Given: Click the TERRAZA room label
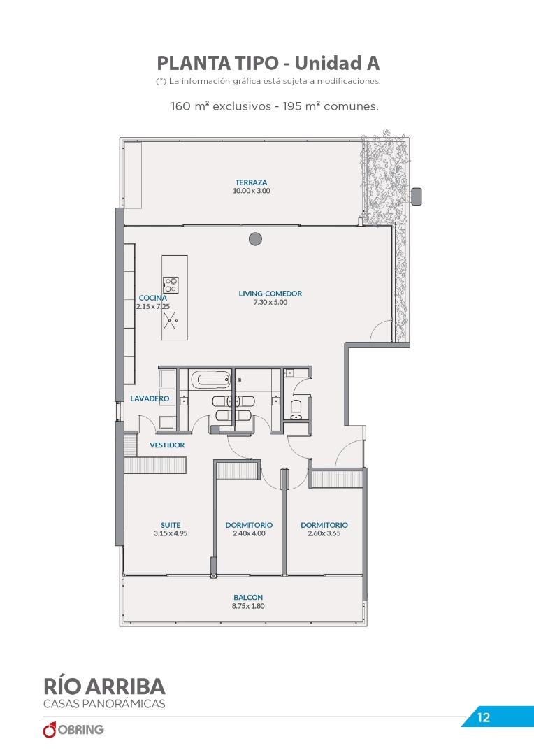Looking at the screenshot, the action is pyautogui.click(x=251, y=182).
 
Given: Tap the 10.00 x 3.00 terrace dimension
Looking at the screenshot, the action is pyautogui.click(x=251, y=191).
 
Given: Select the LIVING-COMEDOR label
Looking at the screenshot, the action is pyautogui.click(x=270, y=293).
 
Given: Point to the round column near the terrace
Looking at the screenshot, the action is pyautogui.click(x=255, y=239).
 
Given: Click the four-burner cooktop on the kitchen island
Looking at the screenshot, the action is pyautogui.click(x=171, y=285).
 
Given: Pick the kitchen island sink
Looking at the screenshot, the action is pyautogui.click(x=170, y=320).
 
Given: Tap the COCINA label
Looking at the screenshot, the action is pyautogui.click(x=152, y=298).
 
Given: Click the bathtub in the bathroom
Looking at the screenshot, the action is pyautogui.click(x=211, y=380).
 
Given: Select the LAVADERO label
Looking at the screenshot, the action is pyautogui.click(x=150, y=398).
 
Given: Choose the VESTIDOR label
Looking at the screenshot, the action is pyautogui.click(x=167, y=445).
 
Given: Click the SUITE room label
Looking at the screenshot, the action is pyautogui.click(x=171, y=525).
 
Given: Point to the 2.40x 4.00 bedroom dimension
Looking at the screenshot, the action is pyautogui.click(x=249, y=533).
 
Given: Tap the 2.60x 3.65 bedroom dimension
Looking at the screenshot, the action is pyautogui.click(x=324, y=533).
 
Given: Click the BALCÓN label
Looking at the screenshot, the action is pyautogui.click(x=248, y=598).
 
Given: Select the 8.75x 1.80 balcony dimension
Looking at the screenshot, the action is pyautogui.click(x=248, y=606).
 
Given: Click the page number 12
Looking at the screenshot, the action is pyautogui.click(x=484, y=717).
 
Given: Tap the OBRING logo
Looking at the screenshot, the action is pyautogui.click(x=73, y=729).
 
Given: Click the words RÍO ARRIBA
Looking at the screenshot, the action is pyautogui.click(x=104, y=686).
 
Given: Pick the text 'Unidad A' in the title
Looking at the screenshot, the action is pyautogui.click(x=337, y=63).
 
